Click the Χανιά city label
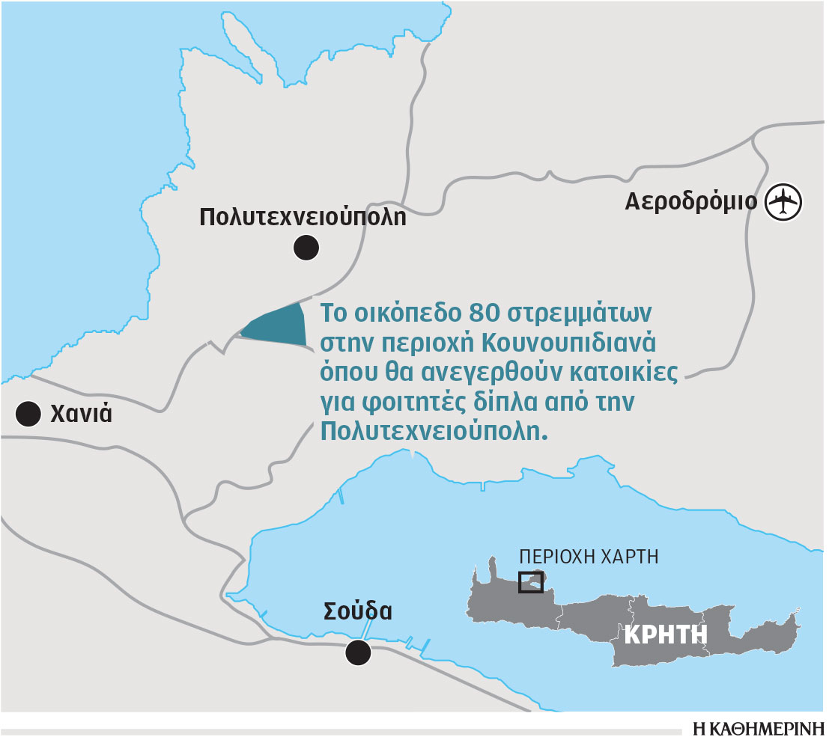(81, 413)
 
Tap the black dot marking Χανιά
(28, 414)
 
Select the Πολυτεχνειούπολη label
(303, 218)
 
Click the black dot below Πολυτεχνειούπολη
(306, 248)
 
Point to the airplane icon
(784, 202)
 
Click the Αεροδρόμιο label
(690, 202)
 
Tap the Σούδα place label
(358, 611)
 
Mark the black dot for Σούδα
(359, 652)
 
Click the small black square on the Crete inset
(531, 582)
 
